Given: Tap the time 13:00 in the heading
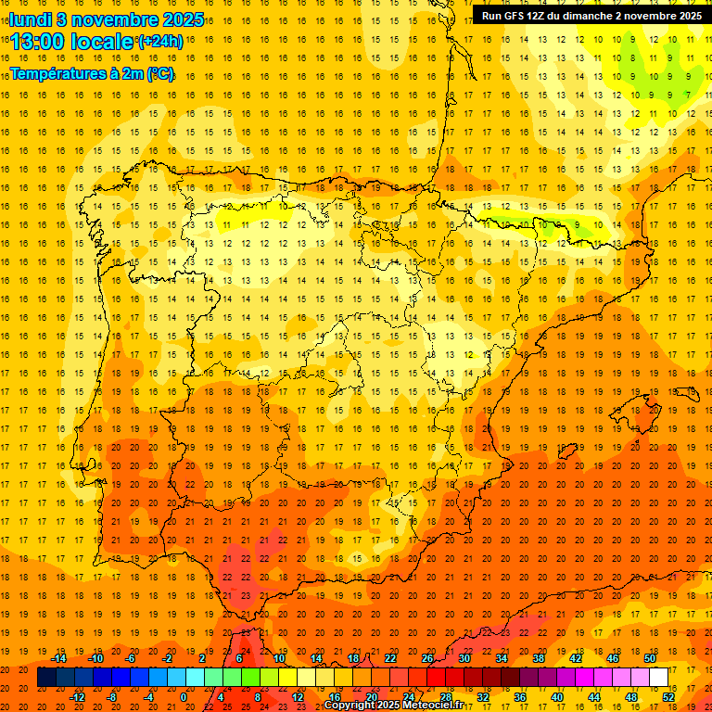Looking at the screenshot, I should [x=39, y=42].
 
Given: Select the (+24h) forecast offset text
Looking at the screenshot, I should [x=160, y=42].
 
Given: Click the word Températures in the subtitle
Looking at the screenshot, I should [x=56, y=73].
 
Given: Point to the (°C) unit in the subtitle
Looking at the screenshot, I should [x=159, y=73].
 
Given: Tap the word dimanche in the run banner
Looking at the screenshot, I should [x=589, y=16].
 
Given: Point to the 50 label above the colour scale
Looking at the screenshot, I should [x=650, y=658].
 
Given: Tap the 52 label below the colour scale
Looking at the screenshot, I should [x=668, y=697].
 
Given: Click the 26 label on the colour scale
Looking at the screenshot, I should [x=427, y=658].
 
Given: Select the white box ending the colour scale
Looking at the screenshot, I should [x=659, y=678].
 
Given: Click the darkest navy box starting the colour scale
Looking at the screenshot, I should [x=46, y=678].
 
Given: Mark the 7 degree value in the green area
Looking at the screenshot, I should [x=687, y=95].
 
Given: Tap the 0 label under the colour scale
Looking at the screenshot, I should [x=184, y=697].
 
